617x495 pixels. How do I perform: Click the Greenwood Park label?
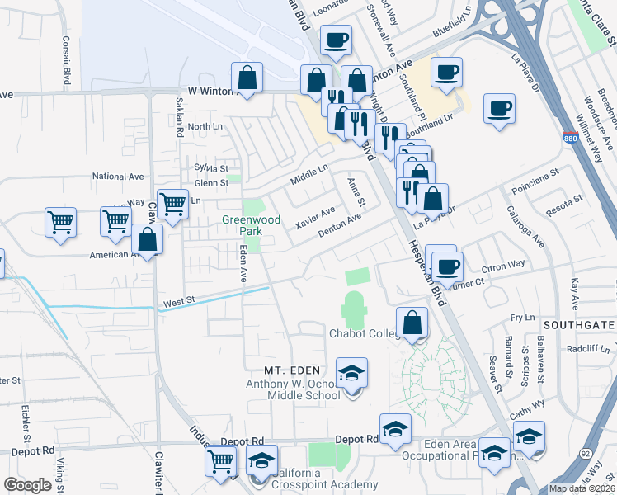click(x=252, y=220)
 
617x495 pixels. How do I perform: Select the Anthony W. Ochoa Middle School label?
click(x=293, y=389)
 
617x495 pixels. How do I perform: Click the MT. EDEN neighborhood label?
click(x=292, y=370)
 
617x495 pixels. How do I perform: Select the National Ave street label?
click(x=118, y=177)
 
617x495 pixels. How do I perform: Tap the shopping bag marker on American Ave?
click(x=147, y=241)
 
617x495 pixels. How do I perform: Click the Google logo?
click(x=27, y=485)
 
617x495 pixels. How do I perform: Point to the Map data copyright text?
click(x=582, y=488)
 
